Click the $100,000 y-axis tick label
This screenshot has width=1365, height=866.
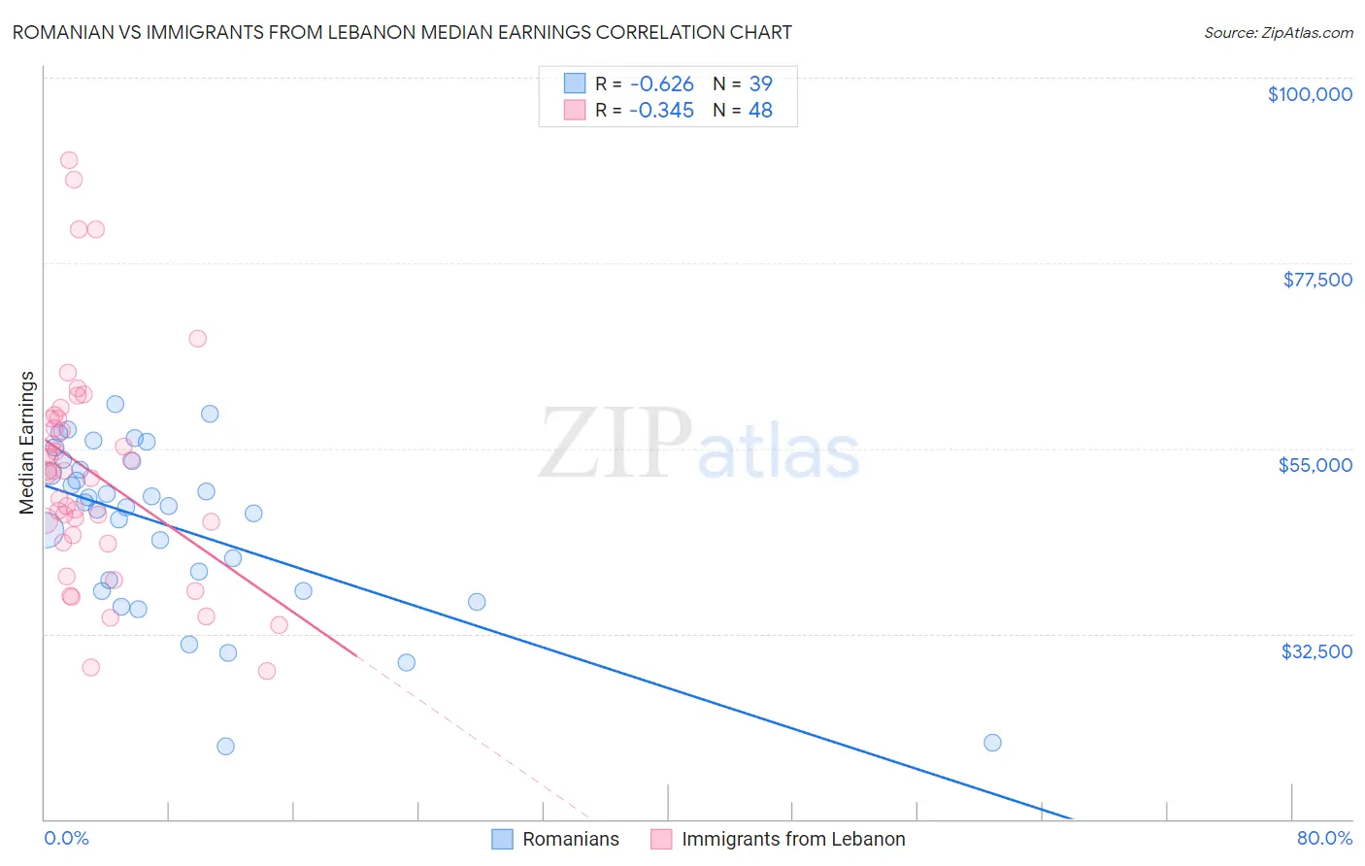tap(1309, 94)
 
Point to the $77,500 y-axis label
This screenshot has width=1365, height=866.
tap(1316, 280)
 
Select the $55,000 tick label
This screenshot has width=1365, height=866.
tap(1315, 465)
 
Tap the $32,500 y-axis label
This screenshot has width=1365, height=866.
tap(1315, 651)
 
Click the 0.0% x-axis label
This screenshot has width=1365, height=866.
tap(66, 838)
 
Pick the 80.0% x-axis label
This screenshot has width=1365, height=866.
tap(1324, 838)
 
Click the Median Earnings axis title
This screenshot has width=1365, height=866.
tap(27, 442)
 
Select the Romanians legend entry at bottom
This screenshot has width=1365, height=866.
tap(570, 839)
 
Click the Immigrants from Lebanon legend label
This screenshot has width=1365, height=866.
tap(792, 839)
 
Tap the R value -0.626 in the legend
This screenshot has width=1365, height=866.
tap(661, 84)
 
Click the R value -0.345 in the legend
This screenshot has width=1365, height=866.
tap(661, 111)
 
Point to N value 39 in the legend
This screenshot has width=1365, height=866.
tap(760, 84)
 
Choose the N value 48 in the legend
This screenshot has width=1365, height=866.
tap(760, 111)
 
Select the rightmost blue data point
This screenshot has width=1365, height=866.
tap(992, 743)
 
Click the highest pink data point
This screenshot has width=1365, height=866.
tap(69, 160)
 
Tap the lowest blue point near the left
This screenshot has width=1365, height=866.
tap(225, 747)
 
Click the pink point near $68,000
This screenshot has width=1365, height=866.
tap(198, 339)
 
